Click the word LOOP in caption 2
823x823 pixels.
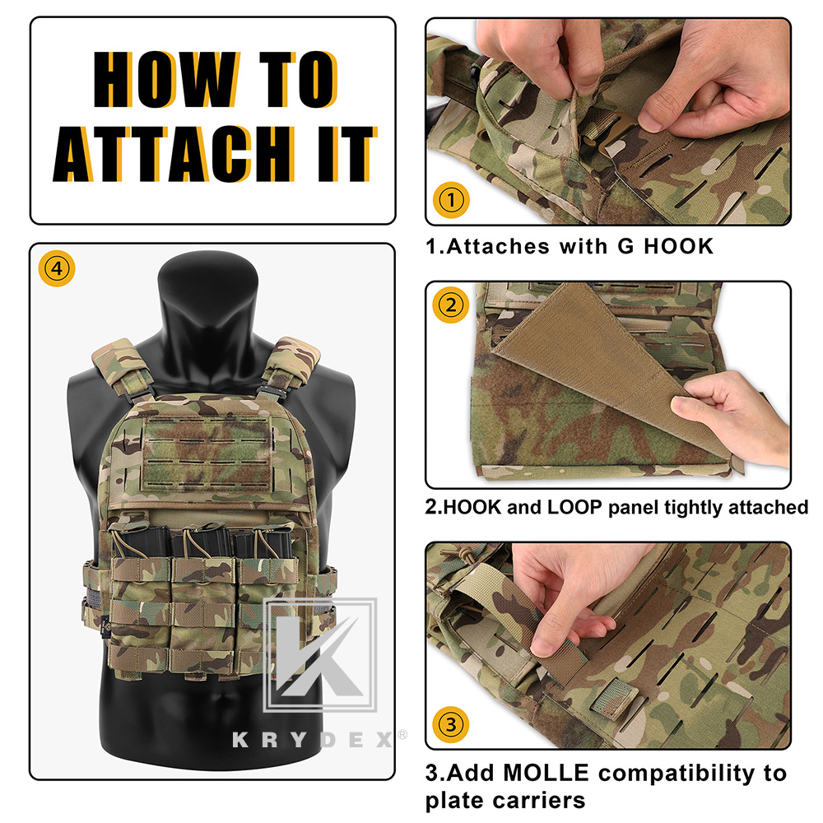pos(577,507)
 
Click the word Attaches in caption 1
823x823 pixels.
pos(491,246)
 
